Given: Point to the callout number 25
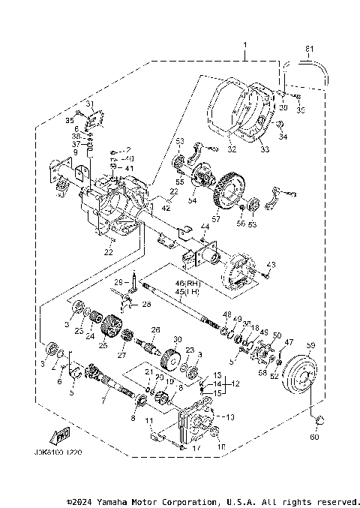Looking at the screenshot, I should [103, 347].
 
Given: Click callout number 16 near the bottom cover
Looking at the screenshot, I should [220, 447].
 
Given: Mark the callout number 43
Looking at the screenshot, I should [272, 265].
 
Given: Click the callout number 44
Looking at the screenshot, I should [204, 227].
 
